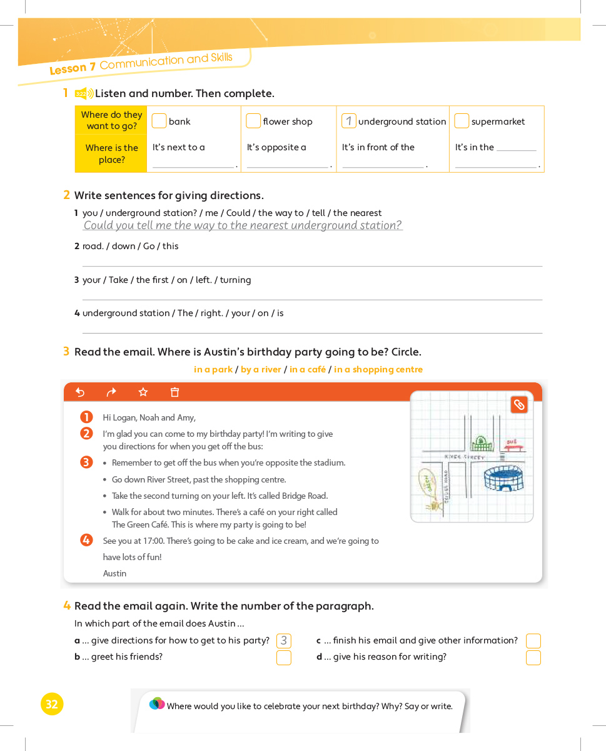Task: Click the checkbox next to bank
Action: point(159,121)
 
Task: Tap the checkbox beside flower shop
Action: point(253,121)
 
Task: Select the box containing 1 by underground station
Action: point(348,121)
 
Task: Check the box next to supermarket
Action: point(462,121)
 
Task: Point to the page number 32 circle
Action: point(52,704)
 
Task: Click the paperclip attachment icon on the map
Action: point(519,405)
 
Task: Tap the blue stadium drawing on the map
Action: point(503,479)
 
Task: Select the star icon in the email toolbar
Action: point(143,392)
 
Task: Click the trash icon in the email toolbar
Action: point(175,392)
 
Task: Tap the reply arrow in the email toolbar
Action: point(80,392)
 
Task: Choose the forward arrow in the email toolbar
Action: point(111,392)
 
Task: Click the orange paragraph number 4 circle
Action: point(87,540)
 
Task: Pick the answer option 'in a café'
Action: point(307,369)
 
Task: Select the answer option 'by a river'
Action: point(261,369)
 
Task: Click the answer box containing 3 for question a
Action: point(284,641)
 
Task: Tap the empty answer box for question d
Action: point(533,658)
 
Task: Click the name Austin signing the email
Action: point(114,573)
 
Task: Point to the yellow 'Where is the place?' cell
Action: point(111,154)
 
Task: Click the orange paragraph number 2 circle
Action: point(87,433)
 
